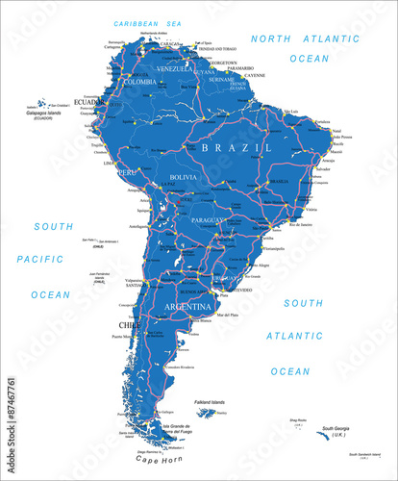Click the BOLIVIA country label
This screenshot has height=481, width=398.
pyautogui.click(x=183, y=178)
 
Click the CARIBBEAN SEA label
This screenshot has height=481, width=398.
pyautogui.click(x=149, y=22)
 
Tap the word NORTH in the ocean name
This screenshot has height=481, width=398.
pyautogui.click(x=270, y=38)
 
